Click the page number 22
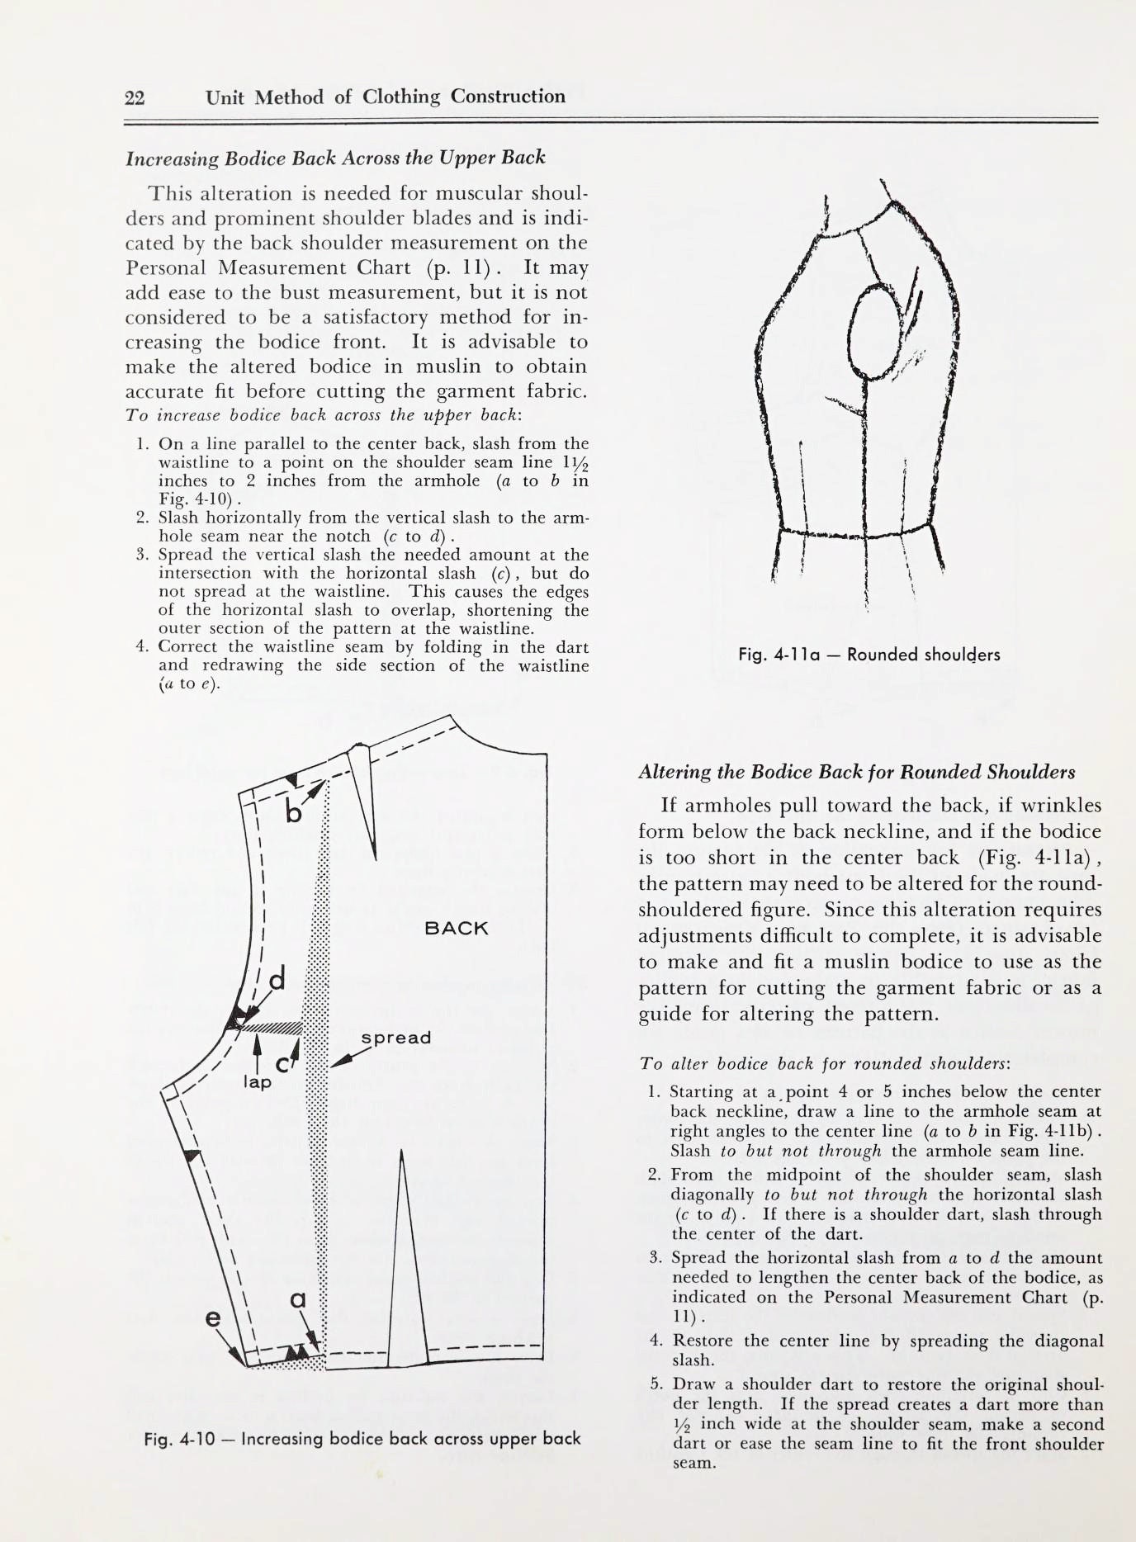click(x=135, y=98)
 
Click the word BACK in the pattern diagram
click(x=456, y=928)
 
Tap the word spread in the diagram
click(x=396, y=1038)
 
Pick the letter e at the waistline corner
click(x=214, y=1319)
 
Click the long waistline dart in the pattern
click(x=405, y=1288)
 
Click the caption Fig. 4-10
click(x=362, y=1439)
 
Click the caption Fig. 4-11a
click(x=869, y=655)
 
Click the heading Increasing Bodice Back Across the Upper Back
click(x=335, y=158)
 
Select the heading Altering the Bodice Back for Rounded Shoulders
click(x=856, y=773)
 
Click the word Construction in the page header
click(x=508, y=97)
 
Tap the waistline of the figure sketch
click(x=859, y=536)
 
